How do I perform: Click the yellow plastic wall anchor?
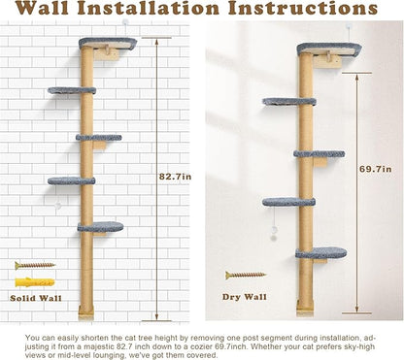[x=34, y=281]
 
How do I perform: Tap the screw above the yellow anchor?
[x=35, y=265]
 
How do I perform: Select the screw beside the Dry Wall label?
[x=246, y=276]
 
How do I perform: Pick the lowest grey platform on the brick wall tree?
[x=100, y=228]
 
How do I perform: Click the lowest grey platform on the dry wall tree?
[x=321, y=253]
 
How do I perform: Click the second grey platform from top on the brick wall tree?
[x=72, y=90]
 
